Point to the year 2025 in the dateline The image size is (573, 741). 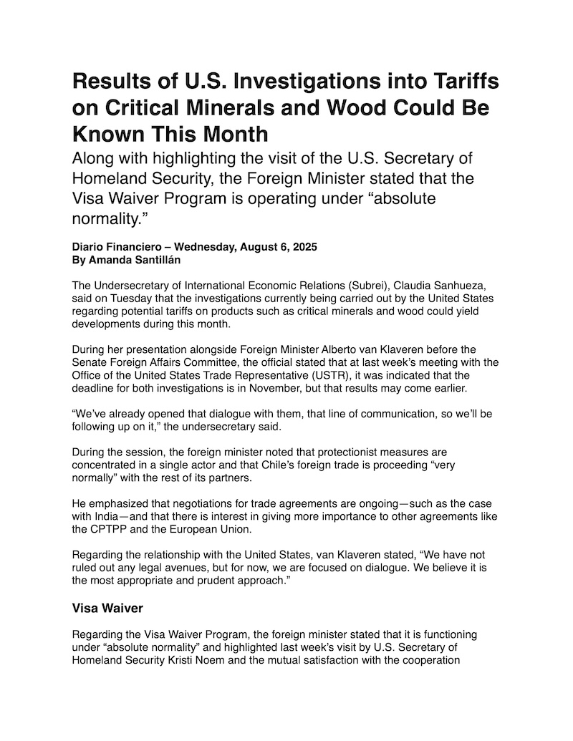coord(302,247)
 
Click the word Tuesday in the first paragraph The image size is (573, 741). coord(113,299)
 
